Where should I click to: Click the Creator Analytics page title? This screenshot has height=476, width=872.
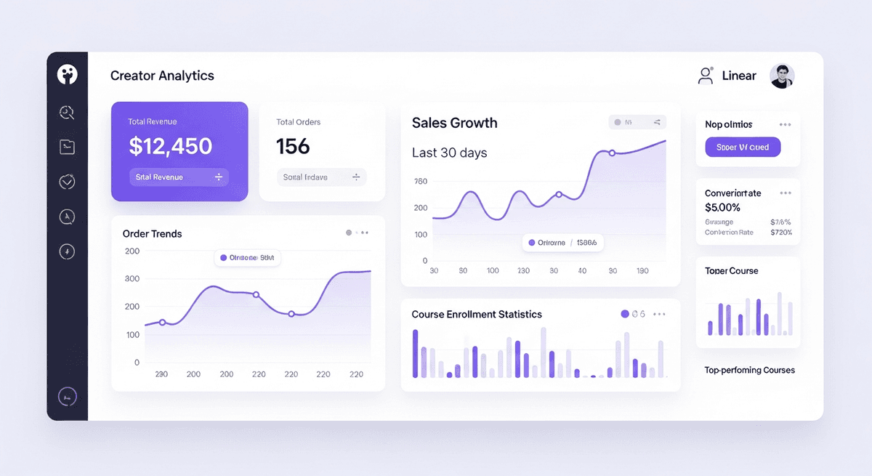(162, 76)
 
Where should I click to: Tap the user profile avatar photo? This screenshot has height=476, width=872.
(782, 76)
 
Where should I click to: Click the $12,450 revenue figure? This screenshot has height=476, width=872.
(170, 146)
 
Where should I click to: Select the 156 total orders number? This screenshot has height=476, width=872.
(293, 146)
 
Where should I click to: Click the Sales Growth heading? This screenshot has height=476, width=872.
(454, 123)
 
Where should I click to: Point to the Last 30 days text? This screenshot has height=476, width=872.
(449, 153)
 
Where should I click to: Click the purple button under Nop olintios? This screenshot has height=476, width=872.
(742, 147)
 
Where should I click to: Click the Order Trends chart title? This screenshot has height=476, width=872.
(152, 234)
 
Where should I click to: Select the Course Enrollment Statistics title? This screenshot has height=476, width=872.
(477, 315)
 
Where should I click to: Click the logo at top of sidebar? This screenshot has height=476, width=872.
(67, 74)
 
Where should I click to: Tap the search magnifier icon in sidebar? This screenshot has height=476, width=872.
(67, 112)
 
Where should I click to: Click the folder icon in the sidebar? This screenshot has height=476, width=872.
(67, 147)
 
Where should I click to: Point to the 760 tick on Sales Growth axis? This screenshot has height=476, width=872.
(420, 182)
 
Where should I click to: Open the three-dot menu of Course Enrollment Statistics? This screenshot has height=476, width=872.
(659, 315)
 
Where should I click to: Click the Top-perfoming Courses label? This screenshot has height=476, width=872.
(749, 370)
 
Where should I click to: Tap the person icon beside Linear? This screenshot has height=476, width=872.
(705, 76)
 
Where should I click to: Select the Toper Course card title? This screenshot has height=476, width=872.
(731, 271)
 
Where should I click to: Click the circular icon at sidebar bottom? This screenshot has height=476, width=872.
(67, 397)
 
